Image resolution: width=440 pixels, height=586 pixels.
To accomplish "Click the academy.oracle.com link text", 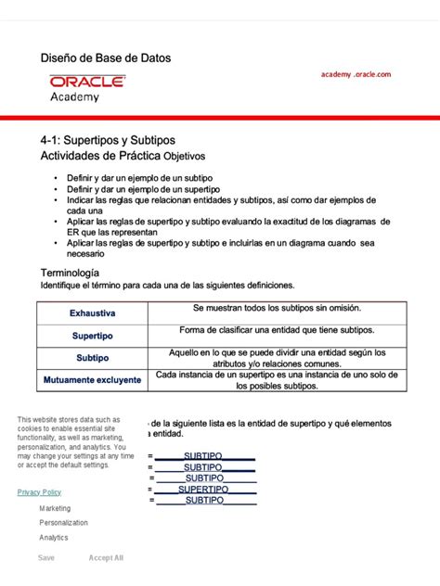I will pyautogui.click(x=356, y=74).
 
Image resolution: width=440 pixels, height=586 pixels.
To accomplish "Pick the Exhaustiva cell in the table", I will pyautogui.click(x=93, y=313).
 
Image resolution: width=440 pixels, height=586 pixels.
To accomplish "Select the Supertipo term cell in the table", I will pyautogui.click(x=93, y=336).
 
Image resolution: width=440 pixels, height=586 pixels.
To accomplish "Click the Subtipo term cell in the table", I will pyautogui.click(x=93, y=358).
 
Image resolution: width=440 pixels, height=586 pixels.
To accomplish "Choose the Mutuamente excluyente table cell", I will pyautogui.click(x=93, y=380).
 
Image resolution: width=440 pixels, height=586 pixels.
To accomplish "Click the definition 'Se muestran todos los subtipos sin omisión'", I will pyautogui.click(x=277, y=308).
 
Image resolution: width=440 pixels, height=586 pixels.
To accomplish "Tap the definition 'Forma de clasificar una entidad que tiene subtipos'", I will pyautogui.click(x=277, y=330).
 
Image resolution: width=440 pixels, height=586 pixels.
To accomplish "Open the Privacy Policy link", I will pyautogui.click(x=39, y=492).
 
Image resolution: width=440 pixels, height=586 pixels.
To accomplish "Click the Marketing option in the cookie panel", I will pyautogui.click(x=55, y=508).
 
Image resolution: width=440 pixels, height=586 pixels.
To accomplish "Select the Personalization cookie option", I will pyautogui.click(x=63, y=523).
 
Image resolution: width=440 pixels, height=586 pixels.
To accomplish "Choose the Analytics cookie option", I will pyautogui.click(x=53, y=538).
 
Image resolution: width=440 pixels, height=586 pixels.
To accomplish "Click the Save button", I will pyautogui.click(x=45, y=558).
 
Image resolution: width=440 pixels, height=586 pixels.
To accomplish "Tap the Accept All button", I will pyautogui.click(x=106, y=558).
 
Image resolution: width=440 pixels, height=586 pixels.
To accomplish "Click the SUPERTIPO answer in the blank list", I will pyautogui.click(x=204, y=489).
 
